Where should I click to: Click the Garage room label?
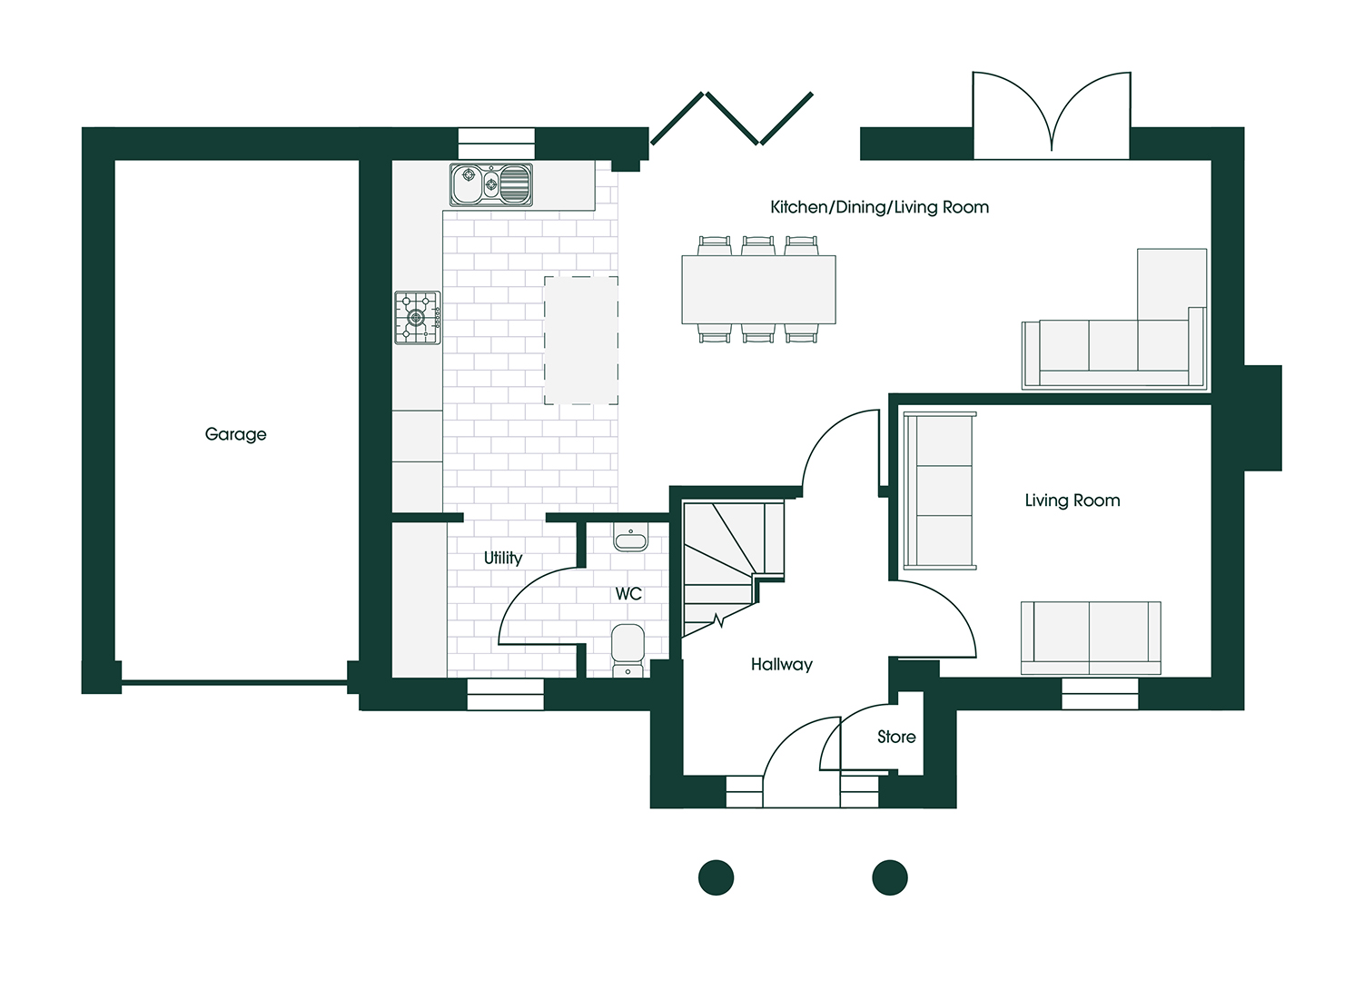[x=236, y=434]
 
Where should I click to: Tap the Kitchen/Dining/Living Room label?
[x=879, y=207]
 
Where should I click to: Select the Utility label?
[x=503, y=558]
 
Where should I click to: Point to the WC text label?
[x=628, y=594]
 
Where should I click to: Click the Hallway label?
[x=781, y=665]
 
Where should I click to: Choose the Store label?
[x=896, y=737]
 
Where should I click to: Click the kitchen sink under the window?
[x=491, y=184]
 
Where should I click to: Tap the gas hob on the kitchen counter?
[x=418, y=318]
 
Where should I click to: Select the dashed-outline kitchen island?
[x=581, y=341]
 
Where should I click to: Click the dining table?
[x=758, y=290]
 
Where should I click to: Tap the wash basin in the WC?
[x=630, y=540]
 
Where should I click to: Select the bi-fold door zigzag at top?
[x=732, y=119]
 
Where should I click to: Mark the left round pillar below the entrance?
[x=716, y=877]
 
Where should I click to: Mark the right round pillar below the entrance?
[x=890, y=877]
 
